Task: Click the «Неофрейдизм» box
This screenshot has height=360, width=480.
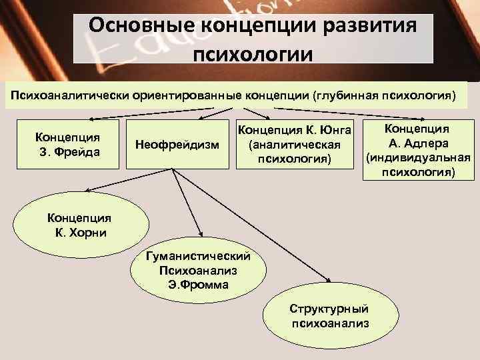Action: (177, 144)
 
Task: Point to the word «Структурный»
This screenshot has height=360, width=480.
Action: (329, 309)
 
